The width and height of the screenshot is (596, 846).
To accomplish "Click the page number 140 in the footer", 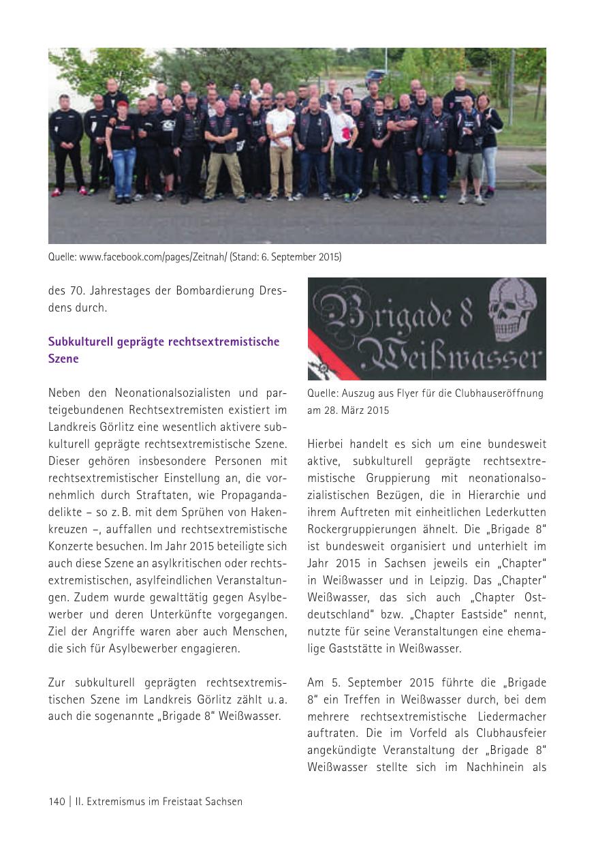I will click(57, 802).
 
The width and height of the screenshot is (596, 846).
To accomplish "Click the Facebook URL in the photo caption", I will click(153, 257).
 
